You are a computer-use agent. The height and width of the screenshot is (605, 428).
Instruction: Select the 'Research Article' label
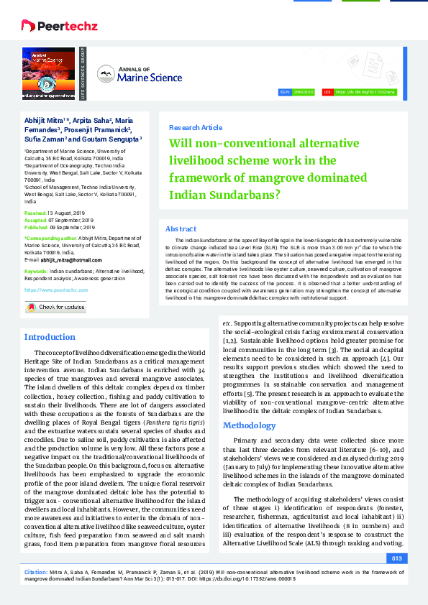click(196, 128)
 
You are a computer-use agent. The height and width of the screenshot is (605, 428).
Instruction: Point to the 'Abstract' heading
click(181, 228)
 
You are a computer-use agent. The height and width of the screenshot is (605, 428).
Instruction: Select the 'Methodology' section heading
click(249, 425)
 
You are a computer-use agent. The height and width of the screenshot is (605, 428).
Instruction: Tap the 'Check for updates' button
click(56, 307)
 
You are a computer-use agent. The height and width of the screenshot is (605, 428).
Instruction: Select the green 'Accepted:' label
click(36, 220)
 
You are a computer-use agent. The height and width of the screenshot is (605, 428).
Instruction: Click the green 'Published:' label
click(37, 226)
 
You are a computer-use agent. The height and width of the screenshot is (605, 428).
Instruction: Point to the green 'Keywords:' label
click(37, 271)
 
